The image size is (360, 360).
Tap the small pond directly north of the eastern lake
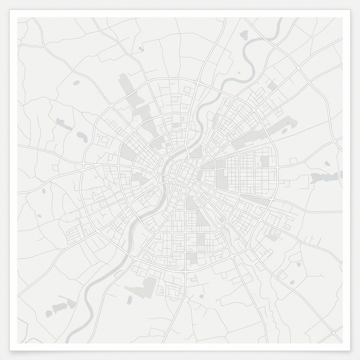[x=327, y=164]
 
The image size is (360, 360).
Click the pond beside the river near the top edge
[x=244, y=35]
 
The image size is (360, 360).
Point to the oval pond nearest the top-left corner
[x=76, y=83]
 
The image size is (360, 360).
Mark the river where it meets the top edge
[x=280, y=19]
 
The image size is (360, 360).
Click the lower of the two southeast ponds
[x=298, y=264]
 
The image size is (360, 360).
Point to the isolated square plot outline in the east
[x=293, y=161]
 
